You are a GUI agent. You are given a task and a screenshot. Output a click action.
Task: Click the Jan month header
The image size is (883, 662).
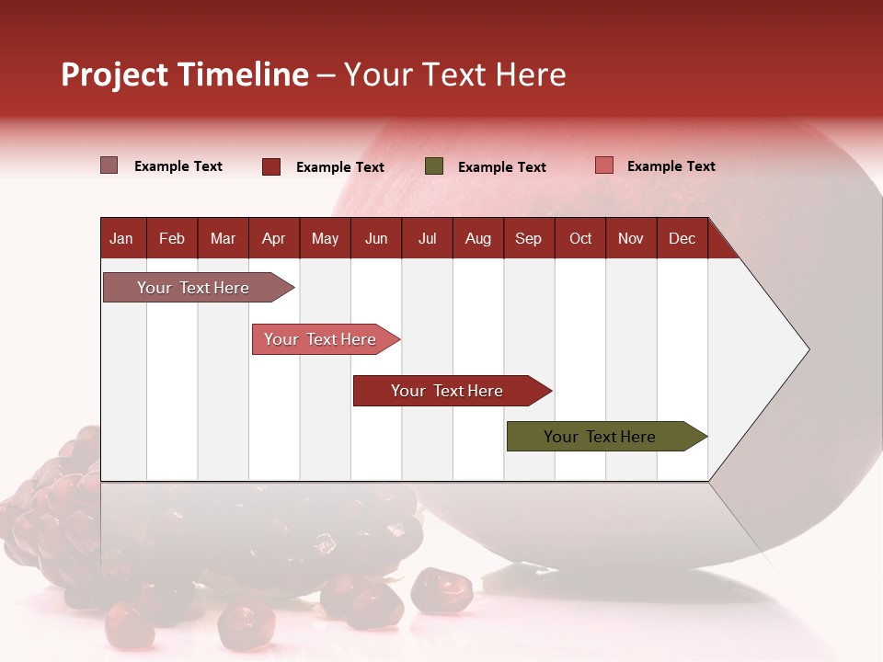tap(121, 239)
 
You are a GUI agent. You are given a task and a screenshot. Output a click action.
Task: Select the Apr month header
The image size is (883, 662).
tap(273, 239)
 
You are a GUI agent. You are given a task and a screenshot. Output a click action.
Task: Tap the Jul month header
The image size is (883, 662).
tap(427, 239)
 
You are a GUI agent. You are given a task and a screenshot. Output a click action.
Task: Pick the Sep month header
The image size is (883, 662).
tap(528, 239)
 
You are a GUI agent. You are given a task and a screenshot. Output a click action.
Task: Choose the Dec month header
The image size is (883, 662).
tap(682, 239)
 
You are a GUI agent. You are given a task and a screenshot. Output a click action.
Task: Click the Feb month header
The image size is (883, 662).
tap(172, 239)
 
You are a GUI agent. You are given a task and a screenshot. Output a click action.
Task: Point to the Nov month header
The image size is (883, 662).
tap(630, 239)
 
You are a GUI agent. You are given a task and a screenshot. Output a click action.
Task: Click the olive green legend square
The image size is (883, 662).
tap(434, 166)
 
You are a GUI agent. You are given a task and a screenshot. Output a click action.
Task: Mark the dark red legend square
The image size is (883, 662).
tap(271, 166)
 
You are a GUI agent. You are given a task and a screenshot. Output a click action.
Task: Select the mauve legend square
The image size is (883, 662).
tap(109, 165)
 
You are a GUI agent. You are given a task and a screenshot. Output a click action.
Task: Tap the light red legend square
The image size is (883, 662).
tap(603, 165)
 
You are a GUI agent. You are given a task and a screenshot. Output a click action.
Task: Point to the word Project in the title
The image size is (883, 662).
tap(115, 74)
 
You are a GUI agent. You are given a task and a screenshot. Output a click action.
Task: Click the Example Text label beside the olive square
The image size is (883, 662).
tap(501, 167)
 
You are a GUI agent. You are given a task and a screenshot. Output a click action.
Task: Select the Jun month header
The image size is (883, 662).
tap(376, 239)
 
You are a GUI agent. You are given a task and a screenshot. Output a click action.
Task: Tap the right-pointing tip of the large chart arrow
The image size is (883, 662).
tap(807, 348)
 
